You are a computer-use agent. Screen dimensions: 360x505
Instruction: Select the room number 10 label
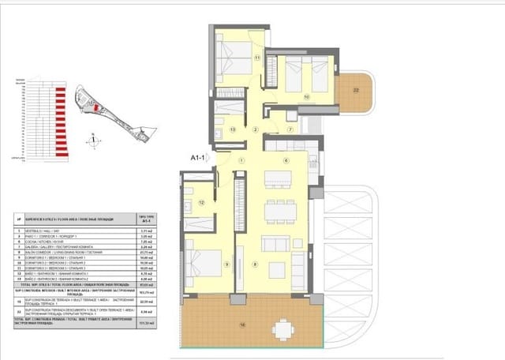point(306,98)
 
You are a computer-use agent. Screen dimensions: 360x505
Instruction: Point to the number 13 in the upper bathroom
point(233,129)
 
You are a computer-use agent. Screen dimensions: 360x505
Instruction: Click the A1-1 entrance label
point(198,158)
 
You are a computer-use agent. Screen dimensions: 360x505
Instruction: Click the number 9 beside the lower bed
point(226,264)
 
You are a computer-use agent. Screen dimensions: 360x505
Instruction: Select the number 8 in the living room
point(255,264)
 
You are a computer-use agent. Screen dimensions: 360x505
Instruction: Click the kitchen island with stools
point(277,179)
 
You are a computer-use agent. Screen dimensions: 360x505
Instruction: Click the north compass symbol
point(94,141)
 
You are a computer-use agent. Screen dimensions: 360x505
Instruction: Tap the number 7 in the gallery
point(290,129)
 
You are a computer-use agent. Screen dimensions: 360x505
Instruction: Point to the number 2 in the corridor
point(255,129)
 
